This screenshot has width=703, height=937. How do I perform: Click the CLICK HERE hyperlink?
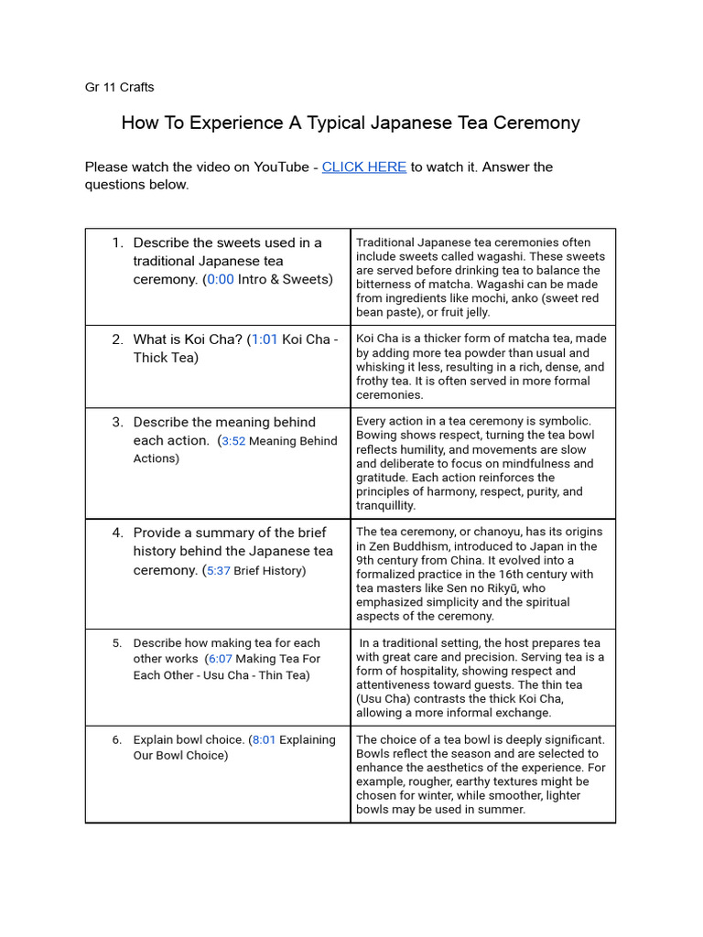pyautogui.click(x=363, y=167)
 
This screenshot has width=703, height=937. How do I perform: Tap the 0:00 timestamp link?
pyautogui.click(x=221, y=279)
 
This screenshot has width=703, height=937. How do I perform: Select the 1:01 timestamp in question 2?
pyautogui.click(x=265, y=339)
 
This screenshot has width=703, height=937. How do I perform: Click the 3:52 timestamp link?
pyautogui.click(x=233, y=441)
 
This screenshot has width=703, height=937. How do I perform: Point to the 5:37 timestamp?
pyautogui.click(x=218, y=571)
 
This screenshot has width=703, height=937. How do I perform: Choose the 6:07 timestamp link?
pyautogui.click(x=222, y=658)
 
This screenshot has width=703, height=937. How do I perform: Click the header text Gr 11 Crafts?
pyautogui.click(x=119, y=87)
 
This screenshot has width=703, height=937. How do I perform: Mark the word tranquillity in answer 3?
pyautogui.click(x=385, y=505)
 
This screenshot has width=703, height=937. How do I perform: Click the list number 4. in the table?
pyautogui.click(x=117, y=533)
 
